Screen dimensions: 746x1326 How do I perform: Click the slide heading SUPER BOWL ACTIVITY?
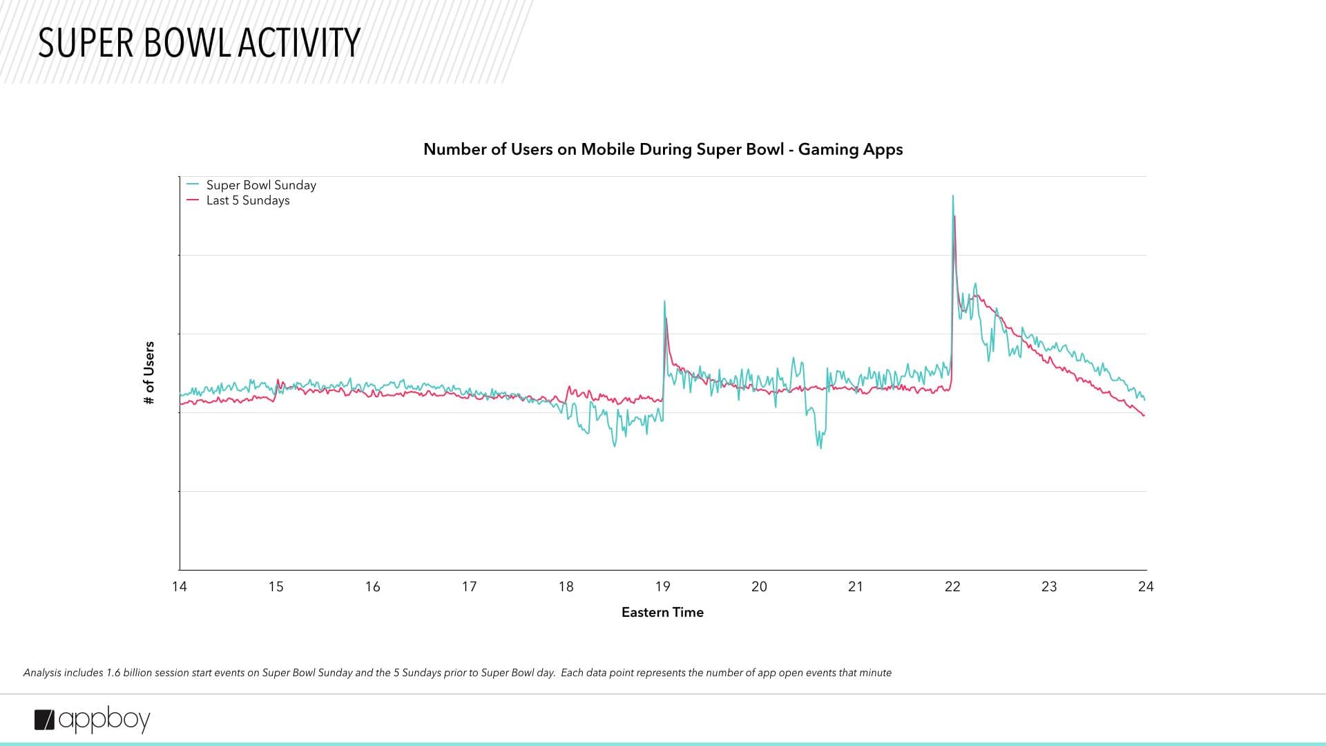[199, 43]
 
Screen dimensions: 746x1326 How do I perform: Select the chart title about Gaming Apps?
[663, 149]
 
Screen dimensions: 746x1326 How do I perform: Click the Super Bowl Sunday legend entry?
[260, 185]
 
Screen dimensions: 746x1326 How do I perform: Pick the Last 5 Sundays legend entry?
[247, 200]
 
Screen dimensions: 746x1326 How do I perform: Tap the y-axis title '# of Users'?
[149, 373]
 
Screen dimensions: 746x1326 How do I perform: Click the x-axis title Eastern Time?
[662, 612]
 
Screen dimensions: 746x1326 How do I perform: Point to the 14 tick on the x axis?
[180, 586]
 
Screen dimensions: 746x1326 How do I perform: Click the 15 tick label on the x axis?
[276, 586]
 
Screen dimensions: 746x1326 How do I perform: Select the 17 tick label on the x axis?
[469, 586]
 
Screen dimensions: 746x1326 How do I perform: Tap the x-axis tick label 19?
[662, 586]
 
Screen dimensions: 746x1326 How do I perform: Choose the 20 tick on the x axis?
[759, 586]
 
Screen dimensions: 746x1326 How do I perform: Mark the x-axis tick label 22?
[952, 586]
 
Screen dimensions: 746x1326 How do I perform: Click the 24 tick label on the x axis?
[1146, 586]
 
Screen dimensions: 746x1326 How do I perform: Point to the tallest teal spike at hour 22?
[953, 196]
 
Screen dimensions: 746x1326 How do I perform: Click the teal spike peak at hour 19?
[664, 301]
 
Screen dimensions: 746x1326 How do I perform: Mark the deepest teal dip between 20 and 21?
[820, 448]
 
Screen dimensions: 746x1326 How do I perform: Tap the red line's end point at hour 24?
[1144, 415]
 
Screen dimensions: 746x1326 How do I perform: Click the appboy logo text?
[104, 720]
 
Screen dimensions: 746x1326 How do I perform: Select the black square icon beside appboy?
[44, 720]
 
